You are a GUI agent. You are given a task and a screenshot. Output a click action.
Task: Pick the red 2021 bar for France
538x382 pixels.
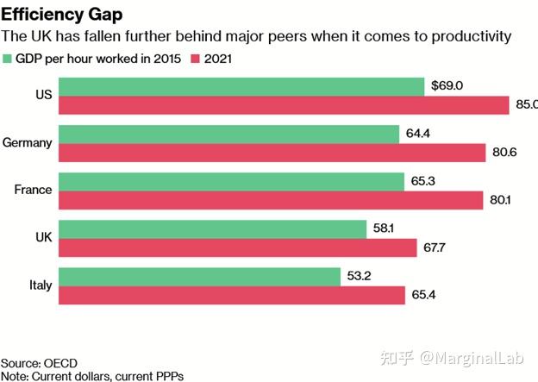click(272, 200)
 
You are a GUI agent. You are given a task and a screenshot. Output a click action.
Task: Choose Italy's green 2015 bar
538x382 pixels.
click(201, 276)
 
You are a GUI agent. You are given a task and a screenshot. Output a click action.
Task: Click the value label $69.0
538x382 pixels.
click(448, 86)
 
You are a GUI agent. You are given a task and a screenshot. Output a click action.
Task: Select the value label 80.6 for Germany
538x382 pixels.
click(506, 153)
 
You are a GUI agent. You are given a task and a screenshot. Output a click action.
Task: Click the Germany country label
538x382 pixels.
click(28, 143)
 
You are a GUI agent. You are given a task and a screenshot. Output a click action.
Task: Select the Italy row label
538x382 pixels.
click(39, 285)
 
